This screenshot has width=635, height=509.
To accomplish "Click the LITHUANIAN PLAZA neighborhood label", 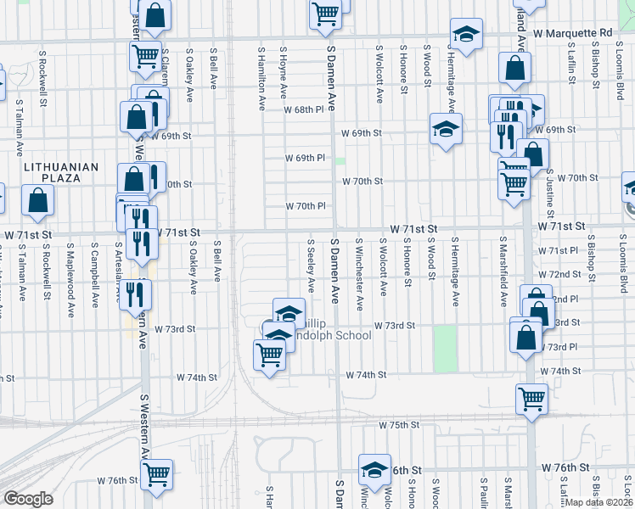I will [61, 172].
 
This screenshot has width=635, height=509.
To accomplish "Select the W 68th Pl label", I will [304, 110].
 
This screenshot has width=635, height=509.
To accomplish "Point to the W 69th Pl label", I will [305, 159].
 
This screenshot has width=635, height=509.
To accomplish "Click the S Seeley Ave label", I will [311, 267].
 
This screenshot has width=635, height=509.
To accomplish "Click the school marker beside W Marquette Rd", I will [464, 35].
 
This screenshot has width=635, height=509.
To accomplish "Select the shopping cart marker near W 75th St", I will [531, 397].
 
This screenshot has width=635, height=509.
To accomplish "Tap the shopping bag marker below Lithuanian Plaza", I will [38, 201].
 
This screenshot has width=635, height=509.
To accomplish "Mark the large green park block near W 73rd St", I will [445, 348].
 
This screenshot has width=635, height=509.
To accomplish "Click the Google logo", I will [28, 499].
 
